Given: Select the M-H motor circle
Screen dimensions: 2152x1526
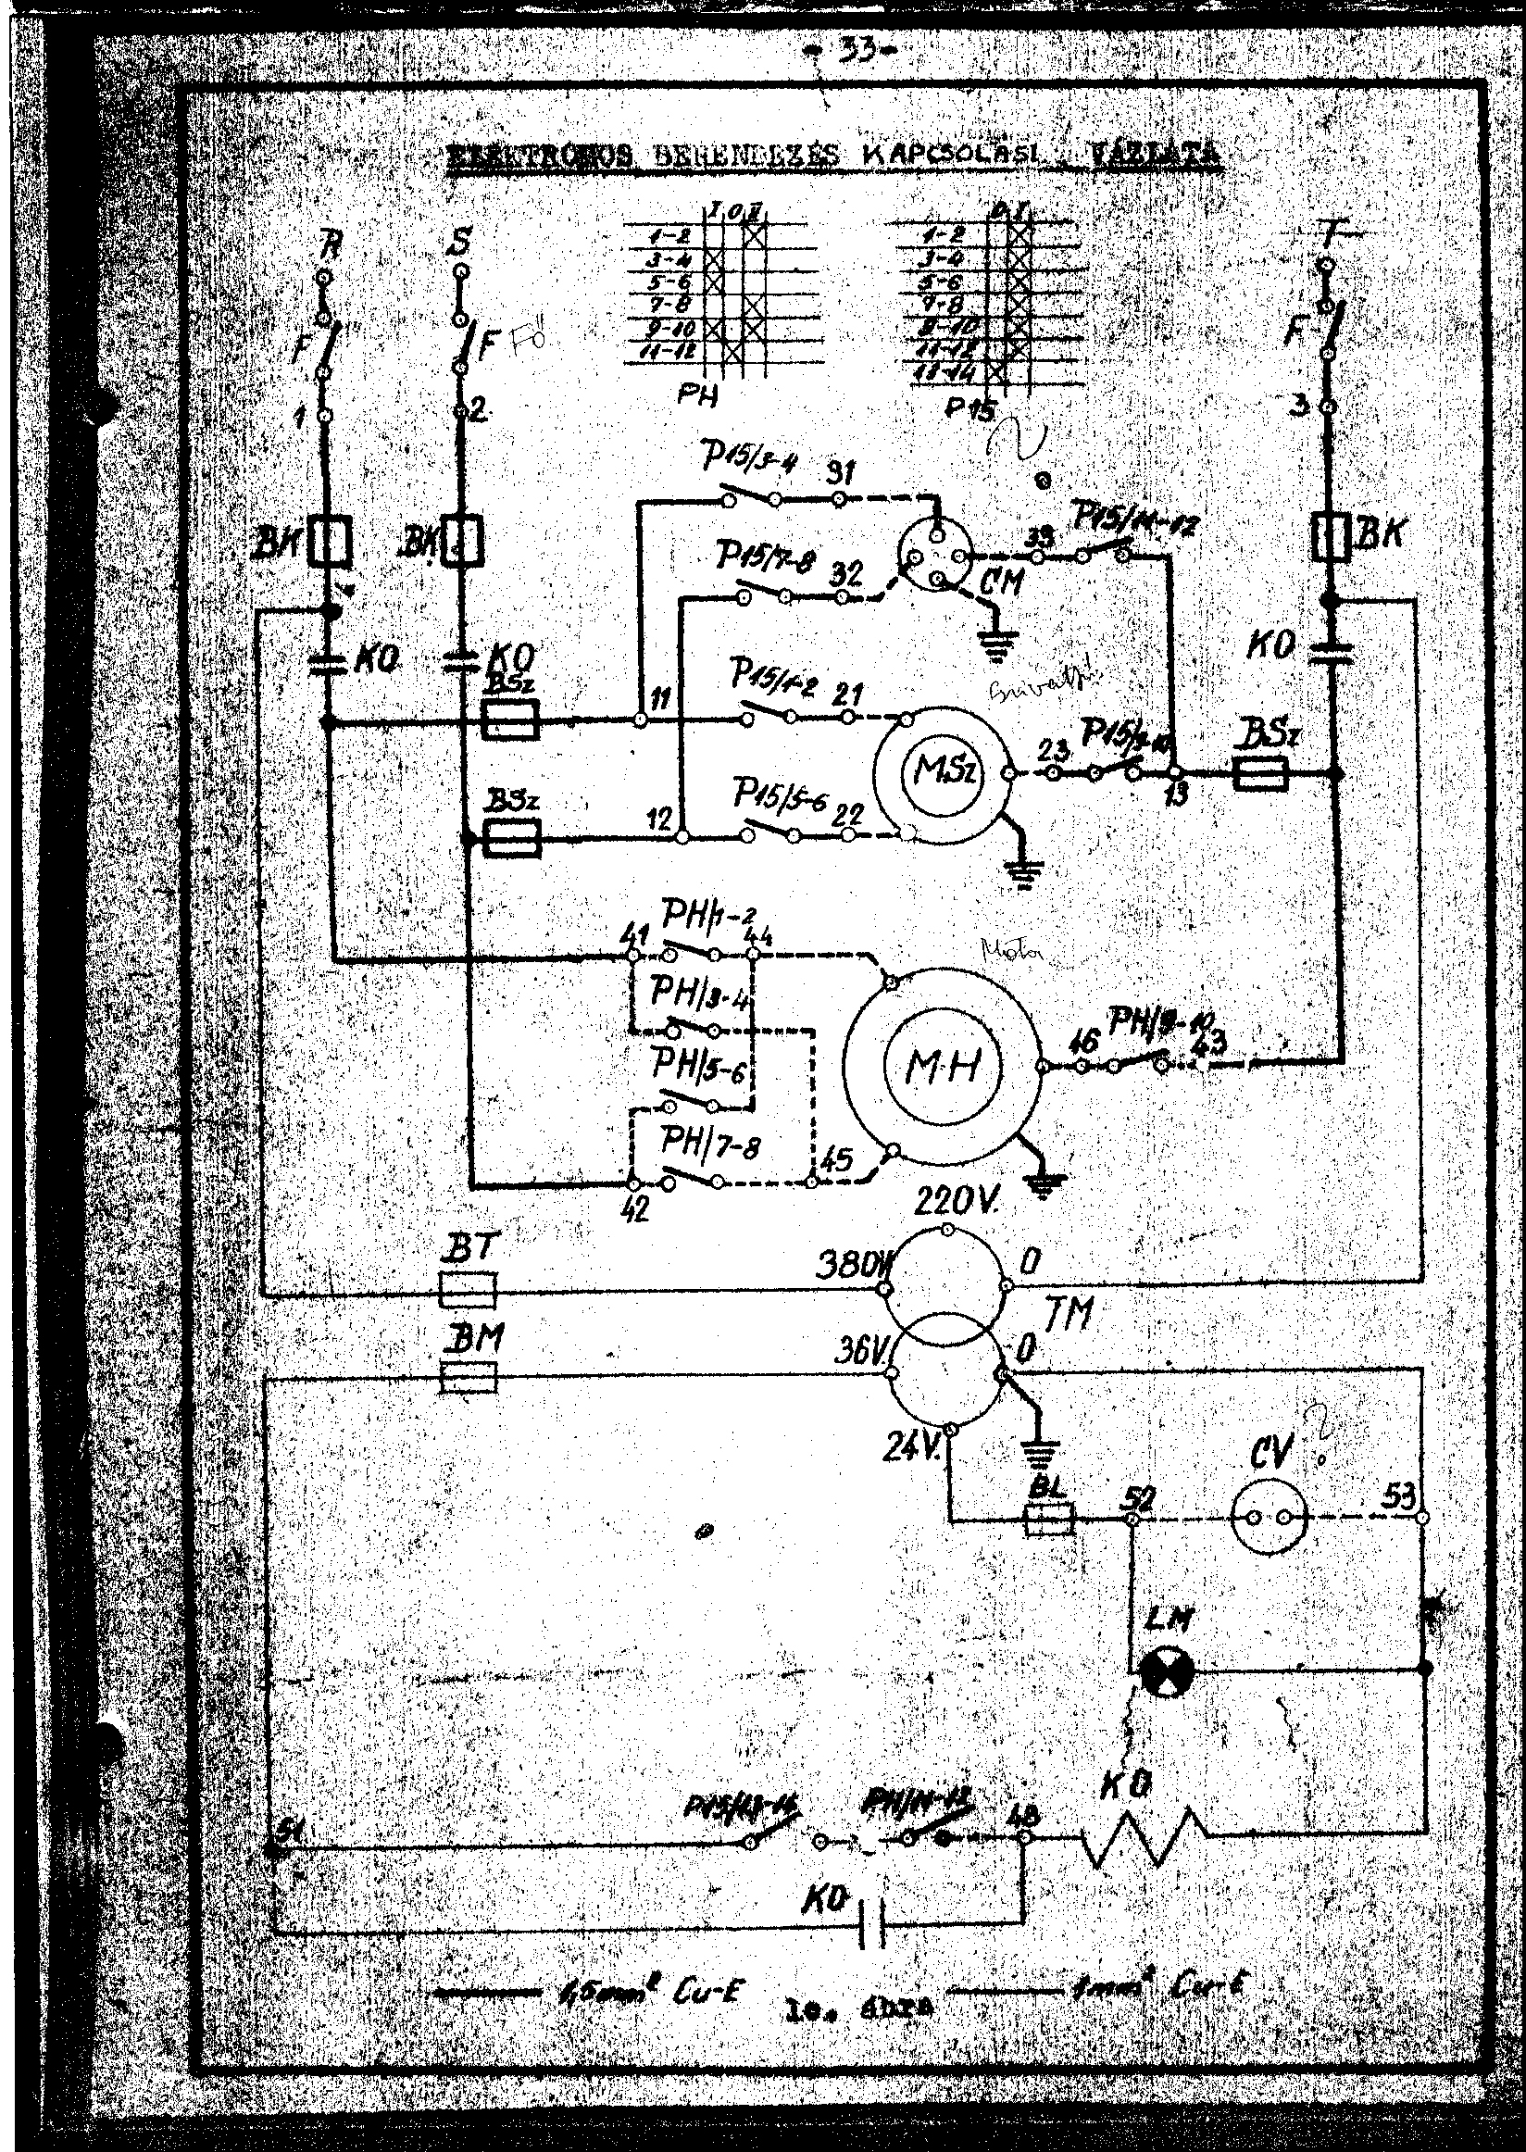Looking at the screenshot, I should [x=941, y=1064].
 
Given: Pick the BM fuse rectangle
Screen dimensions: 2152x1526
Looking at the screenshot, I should [x=468, y=1379].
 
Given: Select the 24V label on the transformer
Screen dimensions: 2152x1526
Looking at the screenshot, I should [x=907, y=1448].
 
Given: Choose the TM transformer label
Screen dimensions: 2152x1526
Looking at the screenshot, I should [x=1069, y=1313].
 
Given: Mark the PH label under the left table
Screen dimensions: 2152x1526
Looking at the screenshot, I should [x=697, y=397].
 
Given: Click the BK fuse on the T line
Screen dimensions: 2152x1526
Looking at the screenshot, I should [x=1332, y=536].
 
